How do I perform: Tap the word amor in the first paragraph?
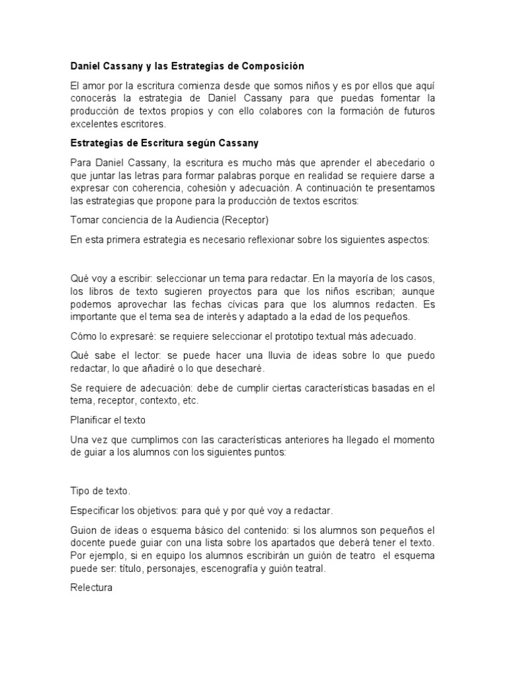click(x=97, y=86)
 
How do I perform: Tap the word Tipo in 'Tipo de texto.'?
click(x=80, y=490)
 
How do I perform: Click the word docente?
click(x=88, y=542)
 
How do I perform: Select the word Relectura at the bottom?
click(x=92, y=587)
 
